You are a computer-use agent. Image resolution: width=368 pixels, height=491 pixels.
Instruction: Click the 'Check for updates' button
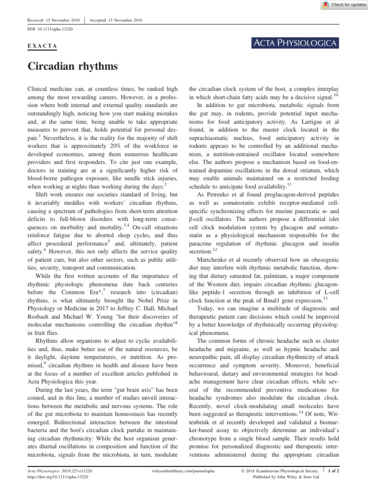tap(341, 5)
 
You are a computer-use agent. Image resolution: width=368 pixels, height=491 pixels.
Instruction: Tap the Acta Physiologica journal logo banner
tap(294, 44)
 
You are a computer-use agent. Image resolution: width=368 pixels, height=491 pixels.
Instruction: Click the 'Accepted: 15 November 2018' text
tap(116, 20)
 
